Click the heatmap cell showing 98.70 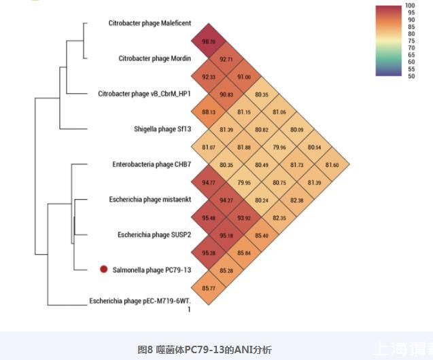[209, 41]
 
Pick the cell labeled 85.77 [209, 289]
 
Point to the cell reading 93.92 [244, 218]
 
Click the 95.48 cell [209, 218]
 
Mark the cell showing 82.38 [297, 200]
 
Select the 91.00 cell [244, 77]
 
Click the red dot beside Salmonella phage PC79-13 [104, 270]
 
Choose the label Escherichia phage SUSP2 [154, 235]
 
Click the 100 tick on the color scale [411, 6]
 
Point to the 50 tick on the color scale [411, 76]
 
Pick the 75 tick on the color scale [411, 41]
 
